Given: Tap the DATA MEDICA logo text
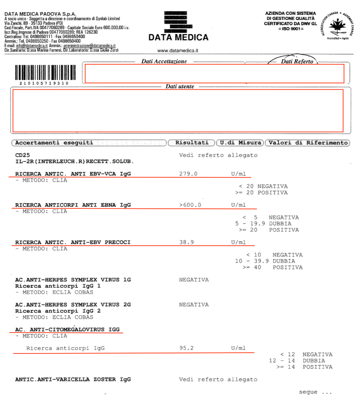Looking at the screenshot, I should [x=178, y=38].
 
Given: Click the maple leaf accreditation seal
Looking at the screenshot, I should [x=336, y=26].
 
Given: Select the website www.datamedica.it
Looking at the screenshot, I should [x=178, y=50].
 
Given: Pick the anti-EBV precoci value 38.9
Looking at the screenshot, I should [x=186, y=242].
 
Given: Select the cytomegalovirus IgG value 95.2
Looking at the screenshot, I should [x=186, y=348].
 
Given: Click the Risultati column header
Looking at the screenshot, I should [x=191, y=143].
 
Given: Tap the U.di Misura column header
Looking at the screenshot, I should [x=240, y=143].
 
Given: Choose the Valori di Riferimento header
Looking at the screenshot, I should [x=307, y=143].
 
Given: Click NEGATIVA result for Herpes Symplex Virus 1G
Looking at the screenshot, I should [x=194, y=280].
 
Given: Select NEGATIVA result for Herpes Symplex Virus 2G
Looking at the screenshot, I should [x=194, y=305].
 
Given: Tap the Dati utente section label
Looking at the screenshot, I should [x=180, y=86].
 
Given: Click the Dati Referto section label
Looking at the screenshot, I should [x=297, y=61].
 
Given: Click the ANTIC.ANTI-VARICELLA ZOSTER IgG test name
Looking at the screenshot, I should [x=73, y=379].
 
